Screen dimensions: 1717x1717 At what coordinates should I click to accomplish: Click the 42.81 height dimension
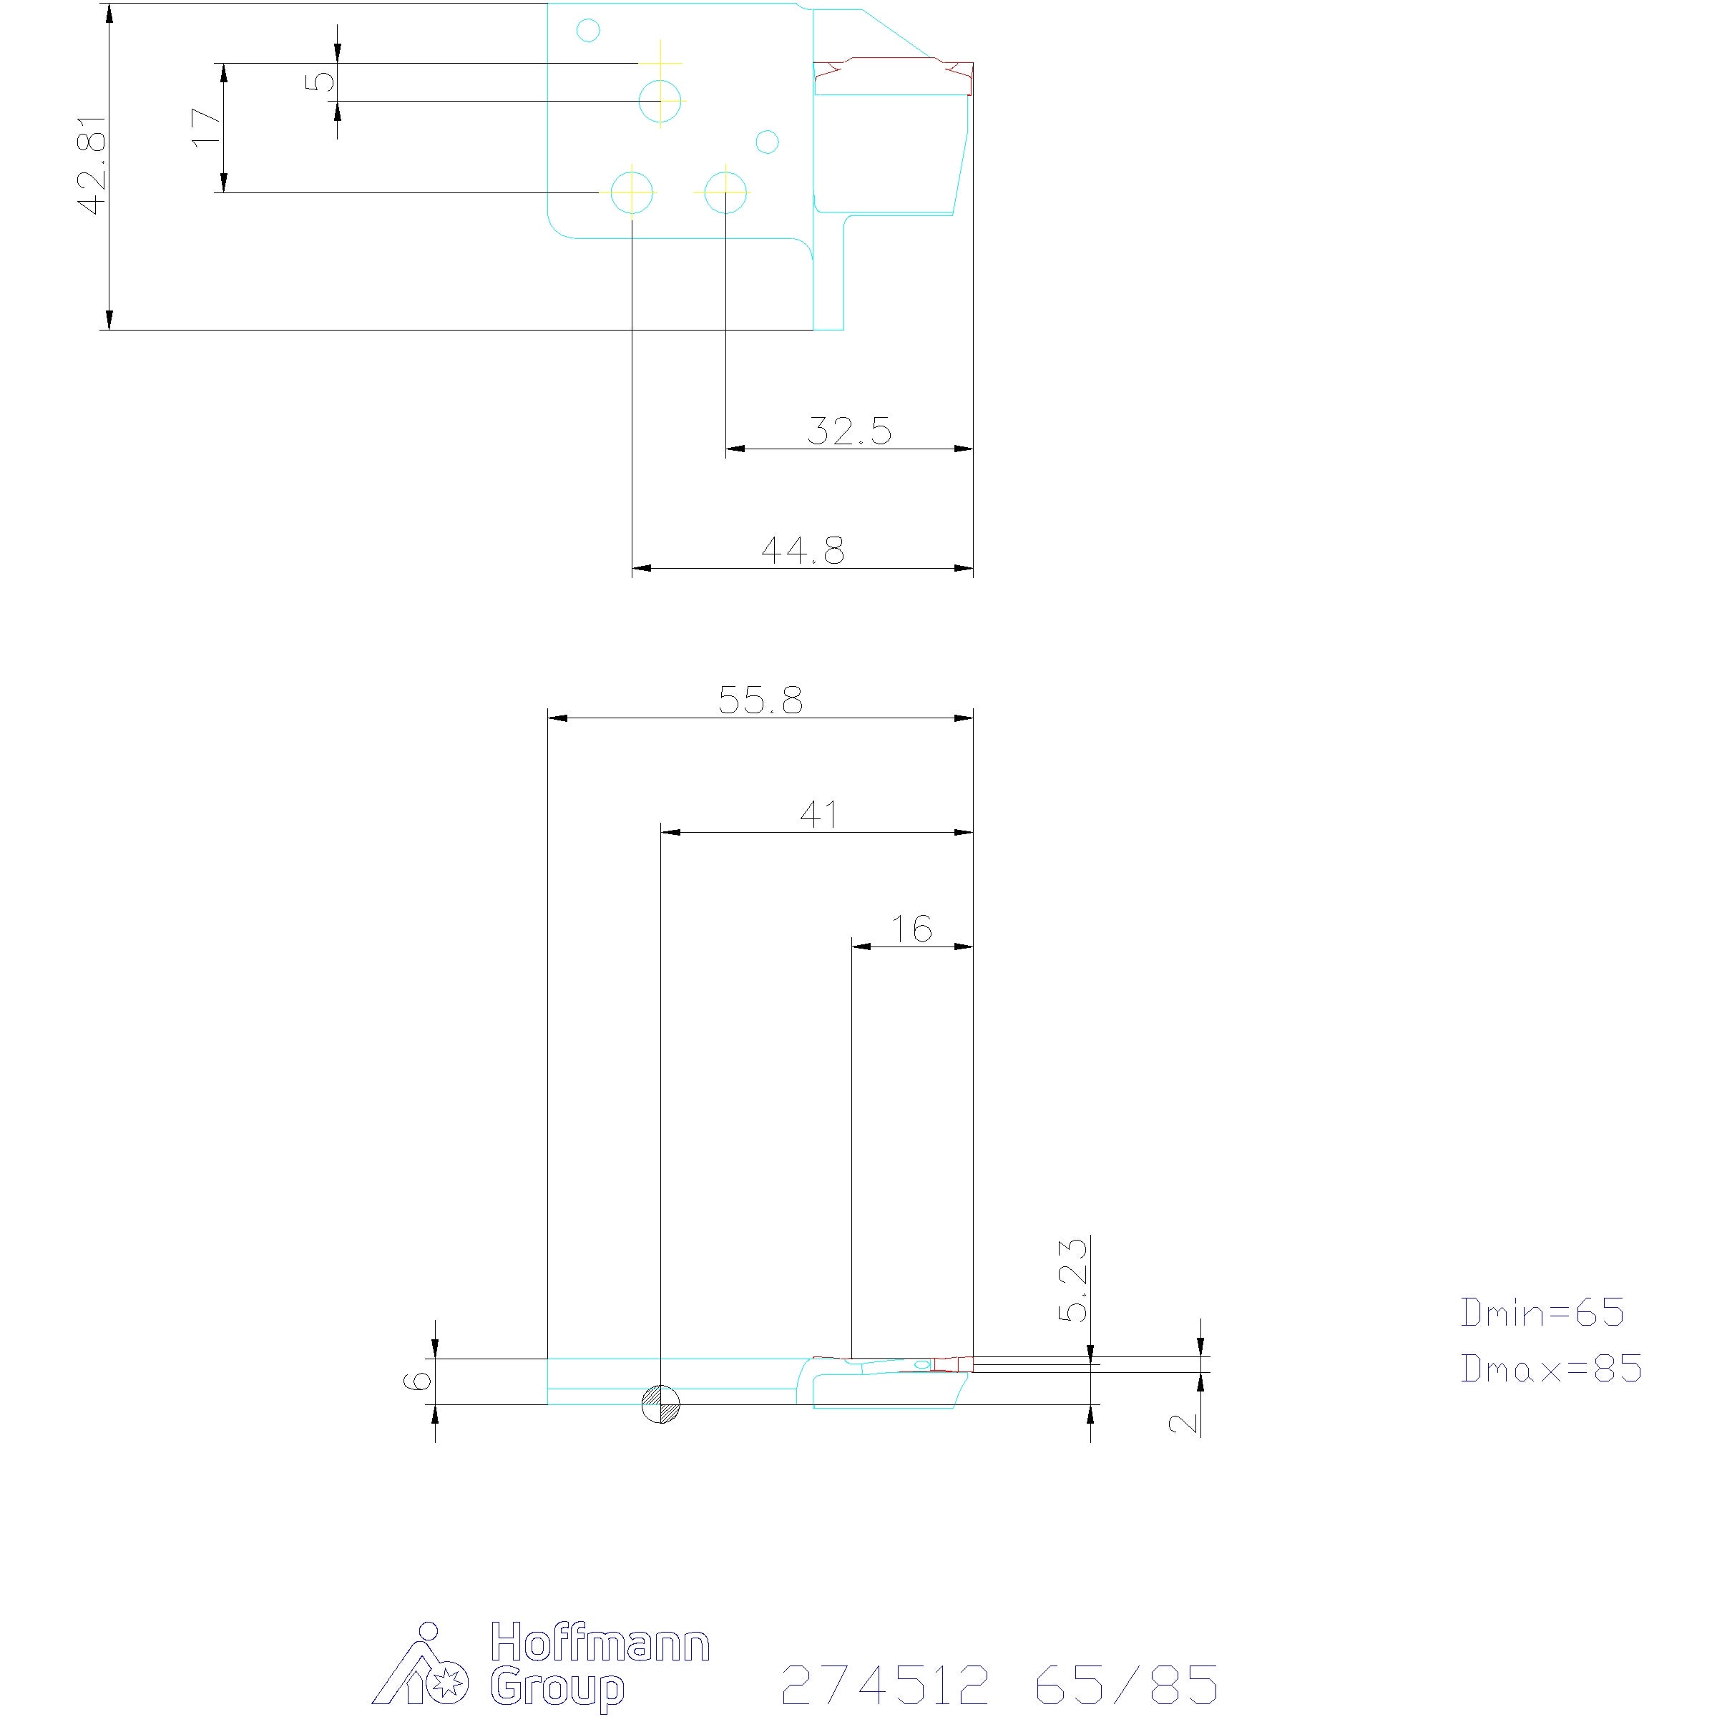coord(92,165)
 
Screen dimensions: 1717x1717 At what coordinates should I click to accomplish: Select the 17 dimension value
coord(206,127)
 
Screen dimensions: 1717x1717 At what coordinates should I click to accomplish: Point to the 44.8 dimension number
coord(803,551)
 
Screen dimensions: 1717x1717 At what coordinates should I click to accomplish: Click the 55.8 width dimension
coord(760,700)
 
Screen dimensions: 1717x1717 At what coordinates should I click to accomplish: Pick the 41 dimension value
coord(818,815)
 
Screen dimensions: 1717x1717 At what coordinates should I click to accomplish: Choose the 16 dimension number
coord(912,929)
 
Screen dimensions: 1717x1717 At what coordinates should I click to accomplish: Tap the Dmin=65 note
coord(1543,1313)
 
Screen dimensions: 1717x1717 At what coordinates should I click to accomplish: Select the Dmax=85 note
coord(1552,1368)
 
